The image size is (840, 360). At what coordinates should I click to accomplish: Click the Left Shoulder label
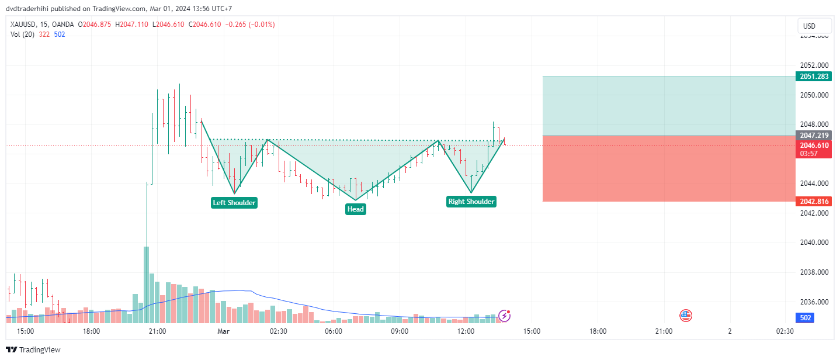[x=234, y=203]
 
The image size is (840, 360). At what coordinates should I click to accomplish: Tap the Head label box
[x=356, y=209]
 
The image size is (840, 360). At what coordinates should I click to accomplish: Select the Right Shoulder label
[x=471, y=202]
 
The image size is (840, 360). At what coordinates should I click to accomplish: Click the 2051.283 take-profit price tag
[x=813, y=77]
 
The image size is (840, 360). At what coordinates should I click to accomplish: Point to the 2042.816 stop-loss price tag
[x=813, y=202]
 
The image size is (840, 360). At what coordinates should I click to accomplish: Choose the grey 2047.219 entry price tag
[x=813, y=136]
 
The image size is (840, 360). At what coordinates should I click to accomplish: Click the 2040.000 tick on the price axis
[x=814, y=243]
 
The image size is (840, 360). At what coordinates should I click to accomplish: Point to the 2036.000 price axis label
[x=814, y=302]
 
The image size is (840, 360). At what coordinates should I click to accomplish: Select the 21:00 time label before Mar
[x=158, y=331]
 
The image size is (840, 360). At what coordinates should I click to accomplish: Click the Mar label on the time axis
[x=224, y=331]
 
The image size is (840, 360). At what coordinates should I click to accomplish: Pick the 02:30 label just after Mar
[x=278, y=331]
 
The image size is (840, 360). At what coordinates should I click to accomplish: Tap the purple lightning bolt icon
[x=504, y=316]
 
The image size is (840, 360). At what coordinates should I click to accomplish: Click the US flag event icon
[x=686, y=316]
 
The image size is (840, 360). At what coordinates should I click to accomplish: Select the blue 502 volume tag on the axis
[x=805, y=318]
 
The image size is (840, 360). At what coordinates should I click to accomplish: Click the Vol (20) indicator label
[x=23, y=34]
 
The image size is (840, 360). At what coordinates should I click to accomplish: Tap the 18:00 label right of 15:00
[x=598, y=331]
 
